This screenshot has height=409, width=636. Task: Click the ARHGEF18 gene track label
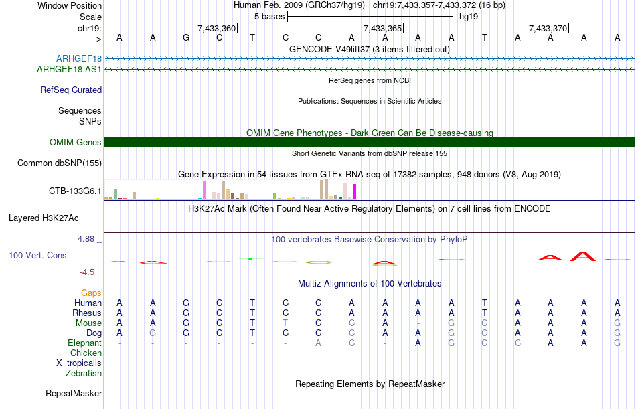(79, 59)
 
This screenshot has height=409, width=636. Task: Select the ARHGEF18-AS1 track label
(70, 69)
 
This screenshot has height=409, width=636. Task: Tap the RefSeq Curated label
(71, 90)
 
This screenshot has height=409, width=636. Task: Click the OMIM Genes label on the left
(76, 143)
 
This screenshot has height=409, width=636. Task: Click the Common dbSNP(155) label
(60, 163)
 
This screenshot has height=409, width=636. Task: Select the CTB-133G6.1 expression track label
(75, 191)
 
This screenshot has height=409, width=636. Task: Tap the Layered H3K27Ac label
(44, 218)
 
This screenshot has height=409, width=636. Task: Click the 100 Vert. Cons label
(37, 256)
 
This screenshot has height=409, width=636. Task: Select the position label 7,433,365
(382, 28)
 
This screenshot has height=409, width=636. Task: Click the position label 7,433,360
(216, 28)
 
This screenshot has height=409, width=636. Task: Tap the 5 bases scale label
(269, 16)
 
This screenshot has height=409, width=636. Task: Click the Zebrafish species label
(84, 373)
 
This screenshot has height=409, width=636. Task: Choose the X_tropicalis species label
(79, 363)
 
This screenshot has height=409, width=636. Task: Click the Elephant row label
(84, 343)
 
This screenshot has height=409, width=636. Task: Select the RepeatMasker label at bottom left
(73, 393)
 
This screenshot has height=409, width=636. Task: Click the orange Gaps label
(91, 293)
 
